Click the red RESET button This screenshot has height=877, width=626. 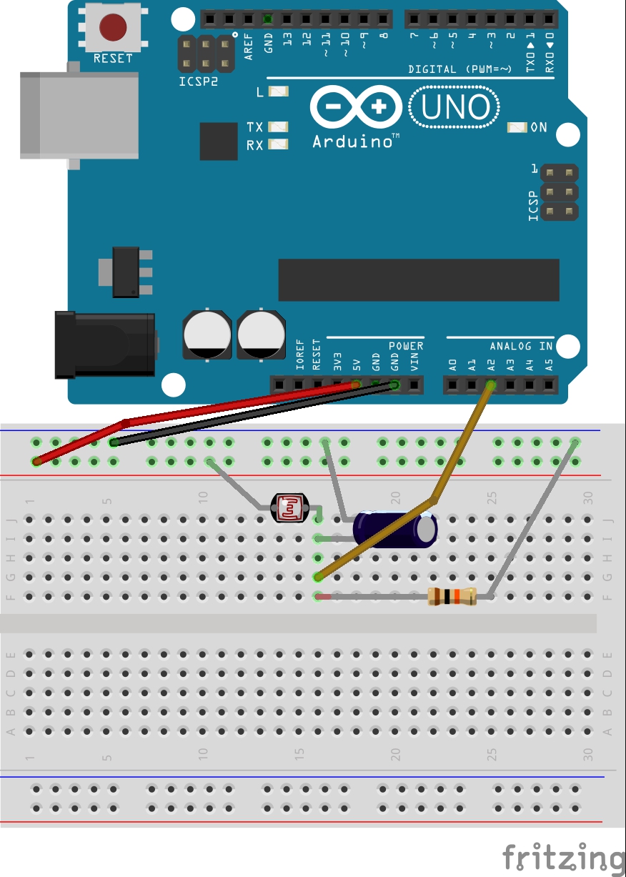(x=112, y=28)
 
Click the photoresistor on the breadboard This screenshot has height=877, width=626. (x=289, y=508)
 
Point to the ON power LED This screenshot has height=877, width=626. (x=517, y=127)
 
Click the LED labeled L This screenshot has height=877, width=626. (x=279, y=91)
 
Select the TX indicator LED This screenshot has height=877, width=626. (x=279, y=127)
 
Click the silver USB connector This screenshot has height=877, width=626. (x=79, y=114)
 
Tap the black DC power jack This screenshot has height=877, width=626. (x=105, y=345)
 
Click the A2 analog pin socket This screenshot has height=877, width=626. (x=491, y=386)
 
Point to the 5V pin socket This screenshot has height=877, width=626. (x=356, y=386)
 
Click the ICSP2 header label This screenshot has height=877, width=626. (x=198, y=82)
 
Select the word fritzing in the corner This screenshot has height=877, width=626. (x=563, y=857)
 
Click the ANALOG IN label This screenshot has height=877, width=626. (x=521, y=346)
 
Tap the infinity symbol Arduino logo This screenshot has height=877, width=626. (x=355, y=108)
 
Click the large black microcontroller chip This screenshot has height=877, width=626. (x=418, y=280)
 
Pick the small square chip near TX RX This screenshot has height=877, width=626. (x=218, y=141)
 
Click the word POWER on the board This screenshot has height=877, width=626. (x=406, y=346)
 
